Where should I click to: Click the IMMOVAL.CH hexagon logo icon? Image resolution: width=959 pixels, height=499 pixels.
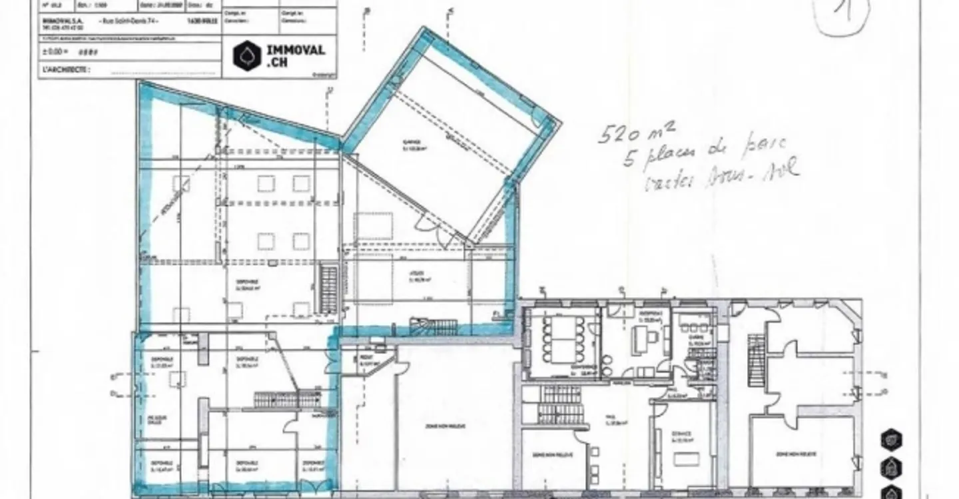(247, 56)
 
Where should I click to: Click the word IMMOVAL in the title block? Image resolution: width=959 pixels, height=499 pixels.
(295, 50)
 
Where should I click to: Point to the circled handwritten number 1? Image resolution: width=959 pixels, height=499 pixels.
(842, 15)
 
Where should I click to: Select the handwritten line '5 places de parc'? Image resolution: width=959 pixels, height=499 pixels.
(705, 153)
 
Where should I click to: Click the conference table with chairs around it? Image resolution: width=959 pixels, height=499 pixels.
(563, 338)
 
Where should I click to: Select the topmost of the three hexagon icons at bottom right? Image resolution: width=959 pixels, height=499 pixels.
(891, 440)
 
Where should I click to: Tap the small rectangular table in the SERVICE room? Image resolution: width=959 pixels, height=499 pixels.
(687, 459)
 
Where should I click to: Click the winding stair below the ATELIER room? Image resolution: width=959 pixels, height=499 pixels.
(433, 326)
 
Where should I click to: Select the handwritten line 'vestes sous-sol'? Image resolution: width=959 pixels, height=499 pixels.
(721, 175)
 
